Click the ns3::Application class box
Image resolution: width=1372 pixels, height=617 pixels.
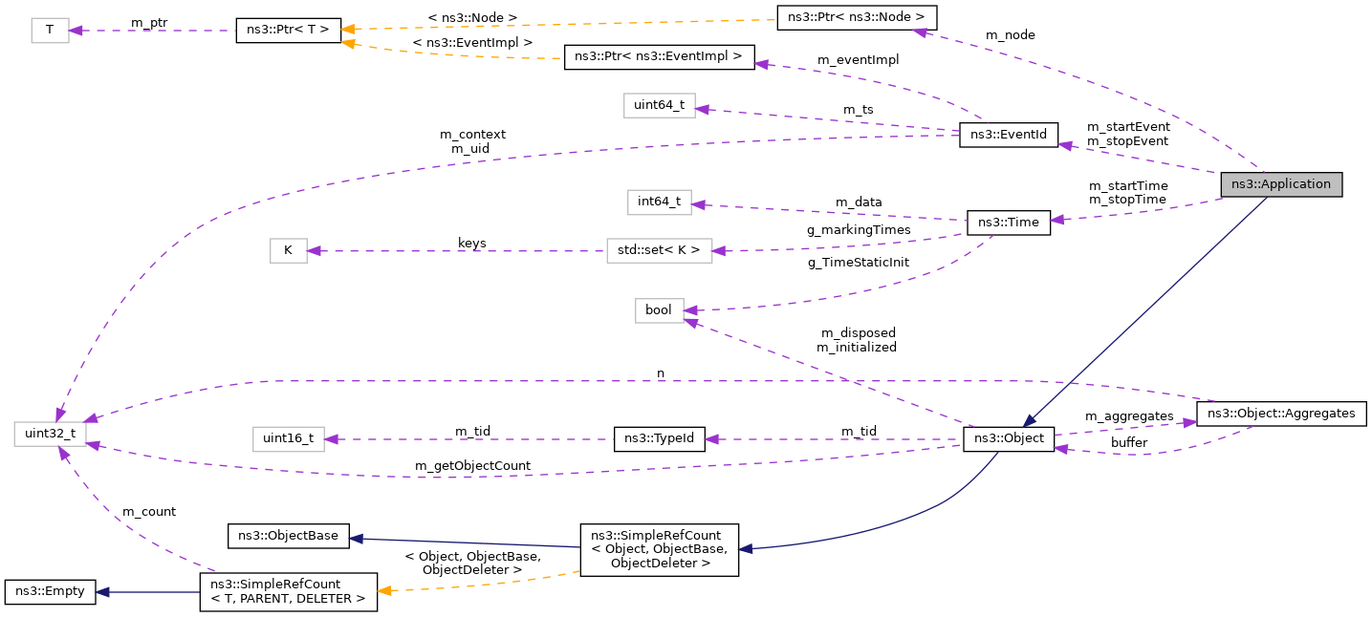[x=1281, y=184]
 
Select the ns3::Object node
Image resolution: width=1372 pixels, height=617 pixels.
[x=1009, y=439]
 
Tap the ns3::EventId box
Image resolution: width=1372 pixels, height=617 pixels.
[x=1008, y=136]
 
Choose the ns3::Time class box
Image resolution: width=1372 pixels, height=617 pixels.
[x=1009, y=222]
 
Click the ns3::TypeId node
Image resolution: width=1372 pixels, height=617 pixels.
[x=659, y=439]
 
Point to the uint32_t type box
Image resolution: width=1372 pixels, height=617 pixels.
[x=51, y=434]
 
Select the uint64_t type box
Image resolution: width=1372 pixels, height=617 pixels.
[x=659, y=106]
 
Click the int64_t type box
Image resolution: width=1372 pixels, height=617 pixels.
[x=659, y=202]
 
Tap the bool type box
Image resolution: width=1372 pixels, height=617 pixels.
[x=659, y=310]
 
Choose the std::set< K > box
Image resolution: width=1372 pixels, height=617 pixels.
[x=659, y=251]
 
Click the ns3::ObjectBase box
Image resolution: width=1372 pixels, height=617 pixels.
[x=288, y=536]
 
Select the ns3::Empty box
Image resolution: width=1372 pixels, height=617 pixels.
[x=49, y=591]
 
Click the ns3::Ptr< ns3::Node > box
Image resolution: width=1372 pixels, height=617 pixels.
[x=857, y=17]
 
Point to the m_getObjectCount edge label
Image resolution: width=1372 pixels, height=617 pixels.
[x=472, y=465]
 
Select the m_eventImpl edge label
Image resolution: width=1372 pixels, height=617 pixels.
[x=858, y=59]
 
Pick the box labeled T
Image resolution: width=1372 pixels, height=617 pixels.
[x=49, y=31]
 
